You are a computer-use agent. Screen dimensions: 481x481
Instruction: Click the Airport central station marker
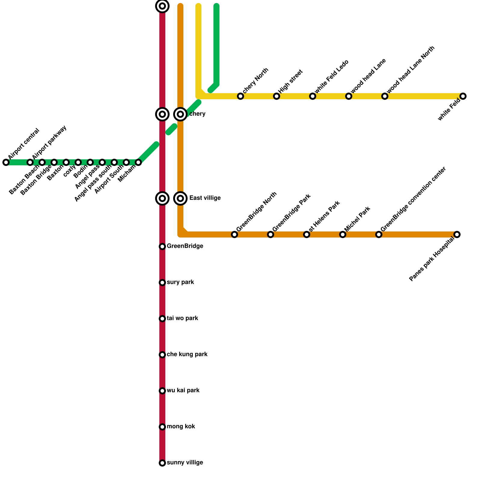[x=6, y=162]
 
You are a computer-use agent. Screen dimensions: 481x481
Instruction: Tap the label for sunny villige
[x=185, y=463]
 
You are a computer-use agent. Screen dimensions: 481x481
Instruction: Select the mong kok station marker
[x=162, y=427]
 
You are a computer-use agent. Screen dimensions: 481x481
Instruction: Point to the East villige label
[x=205, y=198]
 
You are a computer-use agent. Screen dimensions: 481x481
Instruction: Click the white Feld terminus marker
[x=463, y=96]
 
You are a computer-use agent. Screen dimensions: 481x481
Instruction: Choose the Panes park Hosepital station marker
[x=457, y=234]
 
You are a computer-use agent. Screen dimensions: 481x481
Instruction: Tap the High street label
[x=290, y=82]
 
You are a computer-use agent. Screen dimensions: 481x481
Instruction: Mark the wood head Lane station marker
[x=349, y=96]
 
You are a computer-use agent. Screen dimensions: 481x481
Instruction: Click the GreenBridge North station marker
[x=234, y=234]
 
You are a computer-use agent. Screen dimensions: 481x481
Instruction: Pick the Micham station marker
[x=138, y=162]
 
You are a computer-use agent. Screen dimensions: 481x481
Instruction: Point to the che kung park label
[x=187, y=354]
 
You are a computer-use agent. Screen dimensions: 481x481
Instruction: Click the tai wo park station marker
[x=162, y=319]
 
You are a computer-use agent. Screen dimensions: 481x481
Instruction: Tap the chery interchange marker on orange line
[x=180, y=114]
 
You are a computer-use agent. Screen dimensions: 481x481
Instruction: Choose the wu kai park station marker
[x=162, y=391]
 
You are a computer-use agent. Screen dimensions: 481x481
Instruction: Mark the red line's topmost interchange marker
[x=162, y=6]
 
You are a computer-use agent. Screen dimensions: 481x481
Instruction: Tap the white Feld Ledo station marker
[x=313, y=96]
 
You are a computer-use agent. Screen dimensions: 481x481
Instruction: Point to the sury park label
[x=180, y=282]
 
